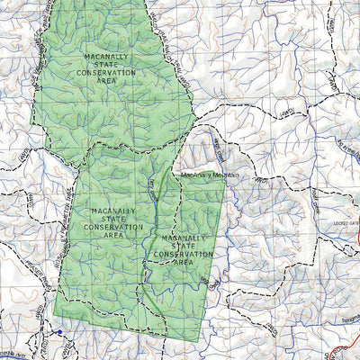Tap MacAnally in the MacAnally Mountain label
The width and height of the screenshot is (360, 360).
pos(197,175)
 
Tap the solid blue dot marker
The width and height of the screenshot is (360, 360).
pos(59,332)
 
